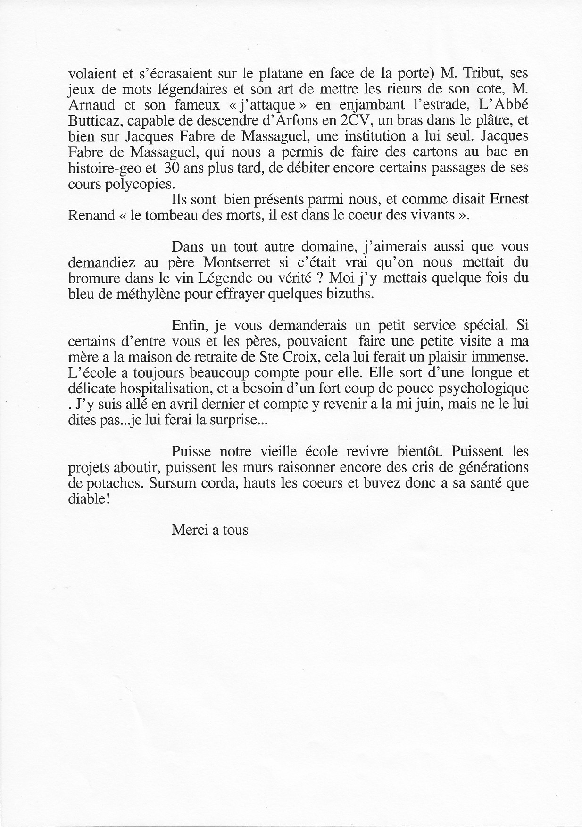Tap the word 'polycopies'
[140, 184]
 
